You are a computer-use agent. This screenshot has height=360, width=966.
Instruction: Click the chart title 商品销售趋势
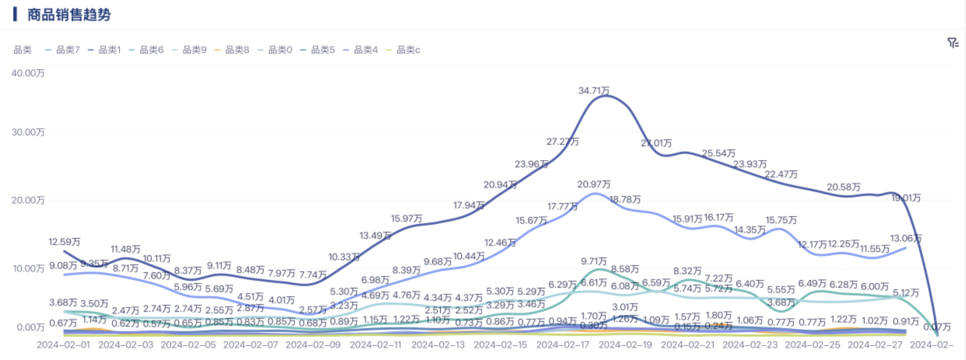tap(69, 15)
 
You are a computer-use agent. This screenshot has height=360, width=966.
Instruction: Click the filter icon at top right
tap(952, 43)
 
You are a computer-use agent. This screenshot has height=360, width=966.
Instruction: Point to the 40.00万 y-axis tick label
tap(28, 73)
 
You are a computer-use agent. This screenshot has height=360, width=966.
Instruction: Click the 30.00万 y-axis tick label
tap(28, 132)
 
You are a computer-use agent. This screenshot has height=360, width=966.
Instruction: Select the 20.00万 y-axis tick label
tap(28, 200)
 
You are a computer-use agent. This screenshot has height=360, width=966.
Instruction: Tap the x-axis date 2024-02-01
tap(63, 345)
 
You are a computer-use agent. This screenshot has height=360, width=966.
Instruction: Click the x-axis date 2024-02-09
tap(313, 345)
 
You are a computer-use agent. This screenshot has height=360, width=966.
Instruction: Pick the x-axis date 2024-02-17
tap(563, 345)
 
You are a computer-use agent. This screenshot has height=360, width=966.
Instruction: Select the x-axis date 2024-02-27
tap(875, 345)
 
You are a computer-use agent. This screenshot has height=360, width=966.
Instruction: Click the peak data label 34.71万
tap(594, 91)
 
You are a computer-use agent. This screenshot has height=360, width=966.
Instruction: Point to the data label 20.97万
tap(594, 184)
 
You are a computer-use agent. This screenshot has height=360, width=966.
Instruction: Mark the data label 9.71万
tap(594, 261)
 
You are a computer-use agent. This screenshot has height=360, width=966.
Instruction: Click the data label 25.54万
tap(719, 153)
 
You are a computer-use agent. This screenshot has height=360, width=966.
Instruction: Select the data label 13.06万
tap(906, 239)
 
